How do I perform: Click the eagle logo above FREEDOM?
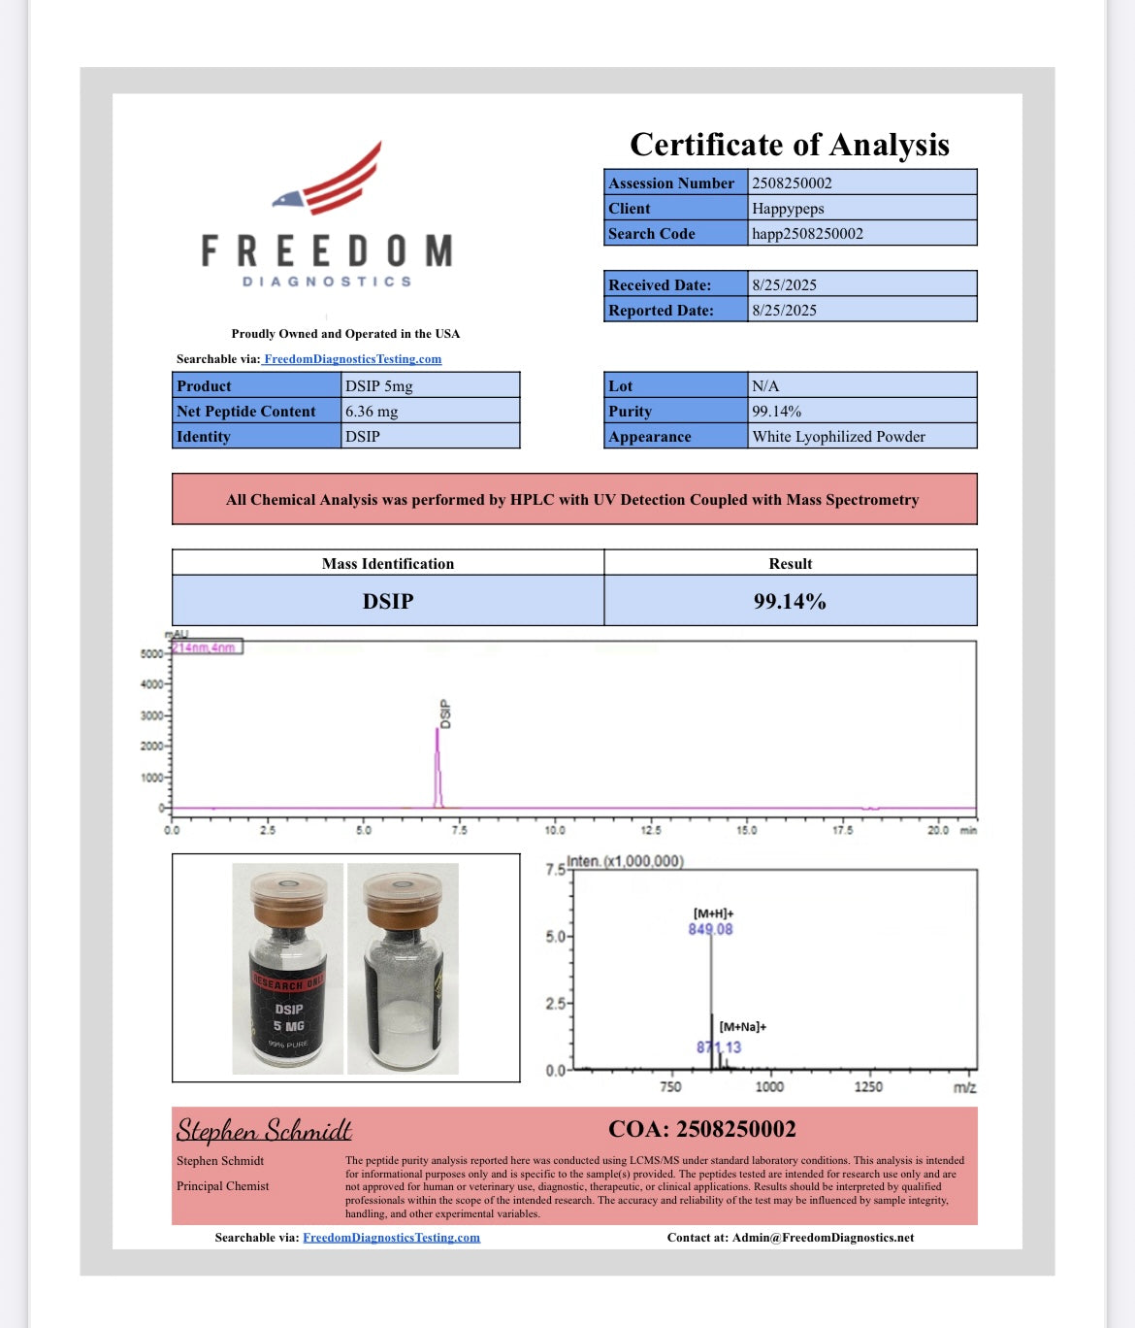point(330,181)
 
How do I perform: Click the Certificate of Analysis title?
point(790,145)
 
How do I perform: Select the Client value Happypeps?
point(788,209)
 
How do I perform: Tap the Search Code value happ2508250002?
point(807,234)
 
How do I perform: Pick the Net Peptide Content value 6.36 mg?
point(372,412)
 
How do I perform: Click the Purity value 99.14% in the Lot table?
point(776,412)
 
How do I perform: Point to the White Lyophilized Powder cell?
point(838,437)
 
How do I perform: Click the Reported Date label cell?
point(662,311)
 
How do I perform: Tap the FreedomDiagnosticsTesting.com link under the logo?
point(352,359)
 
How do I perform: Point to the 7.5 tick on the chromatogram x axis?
point(459,830)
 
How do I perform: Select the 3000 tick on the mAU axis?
point(152,715)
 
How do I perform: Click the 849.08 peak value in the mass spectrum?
point(711,929)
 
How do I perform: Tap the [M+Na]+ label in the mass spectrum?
point(742,1026)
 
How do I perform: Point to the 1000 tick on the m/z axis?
point(769,1086)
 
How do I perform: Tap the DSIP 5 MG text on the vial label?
point(289,1017)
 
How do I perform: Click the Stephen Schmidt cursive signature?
point(264,1130)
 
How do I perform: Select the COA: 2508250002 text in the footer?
point(701,1129)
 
